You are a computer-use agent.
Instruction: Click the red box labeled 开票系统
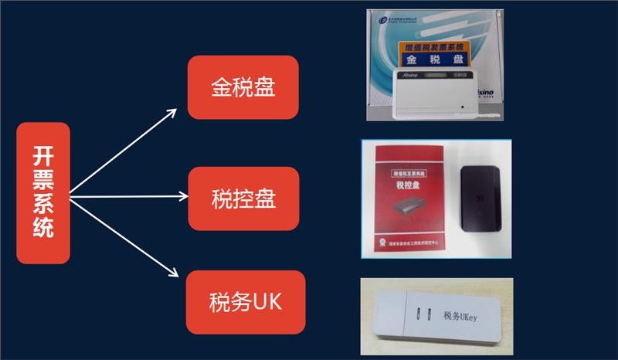point(43,193)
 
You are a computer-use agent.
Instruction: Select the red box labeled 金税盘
point(243,86)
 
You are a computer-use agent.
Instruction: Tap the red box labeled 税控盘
point(243,198)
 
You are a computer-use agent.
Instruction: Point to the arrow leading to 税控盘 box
point(127,196)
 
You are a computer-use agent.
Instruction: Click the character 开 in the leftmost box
point(43,155)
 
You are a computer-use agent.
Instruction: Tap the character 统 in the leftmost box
point(43,229)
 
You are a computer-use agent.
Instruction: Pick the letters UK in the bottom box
point(267,301)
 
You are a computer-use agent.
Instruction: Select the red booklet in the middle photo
point(410,199)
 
